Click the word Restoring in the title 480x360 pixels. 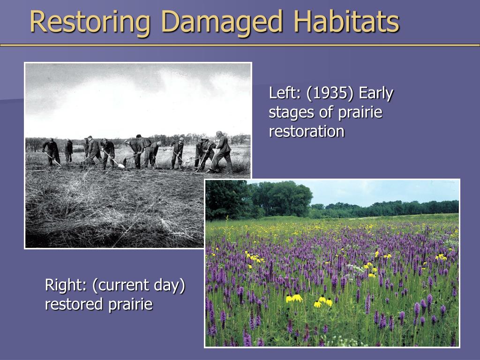pyautogui.click(x=90, y=22)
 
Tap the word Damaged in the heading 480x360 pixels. pyautogui.click(x=222, y=22)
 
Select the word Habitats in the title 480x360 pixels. pyautogui.click(x=346, y=22)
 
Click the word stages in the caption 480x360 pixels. pyautogui.click(x=291, y=112)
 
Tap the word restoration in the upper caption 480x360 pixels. pyautogui.click(x=307, y=132)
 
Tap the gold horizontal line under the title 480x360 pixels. pyautogui.click(x=240, y=45)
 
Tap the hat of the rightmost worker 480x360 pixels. pyautogui.click(x=219, y=133)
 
